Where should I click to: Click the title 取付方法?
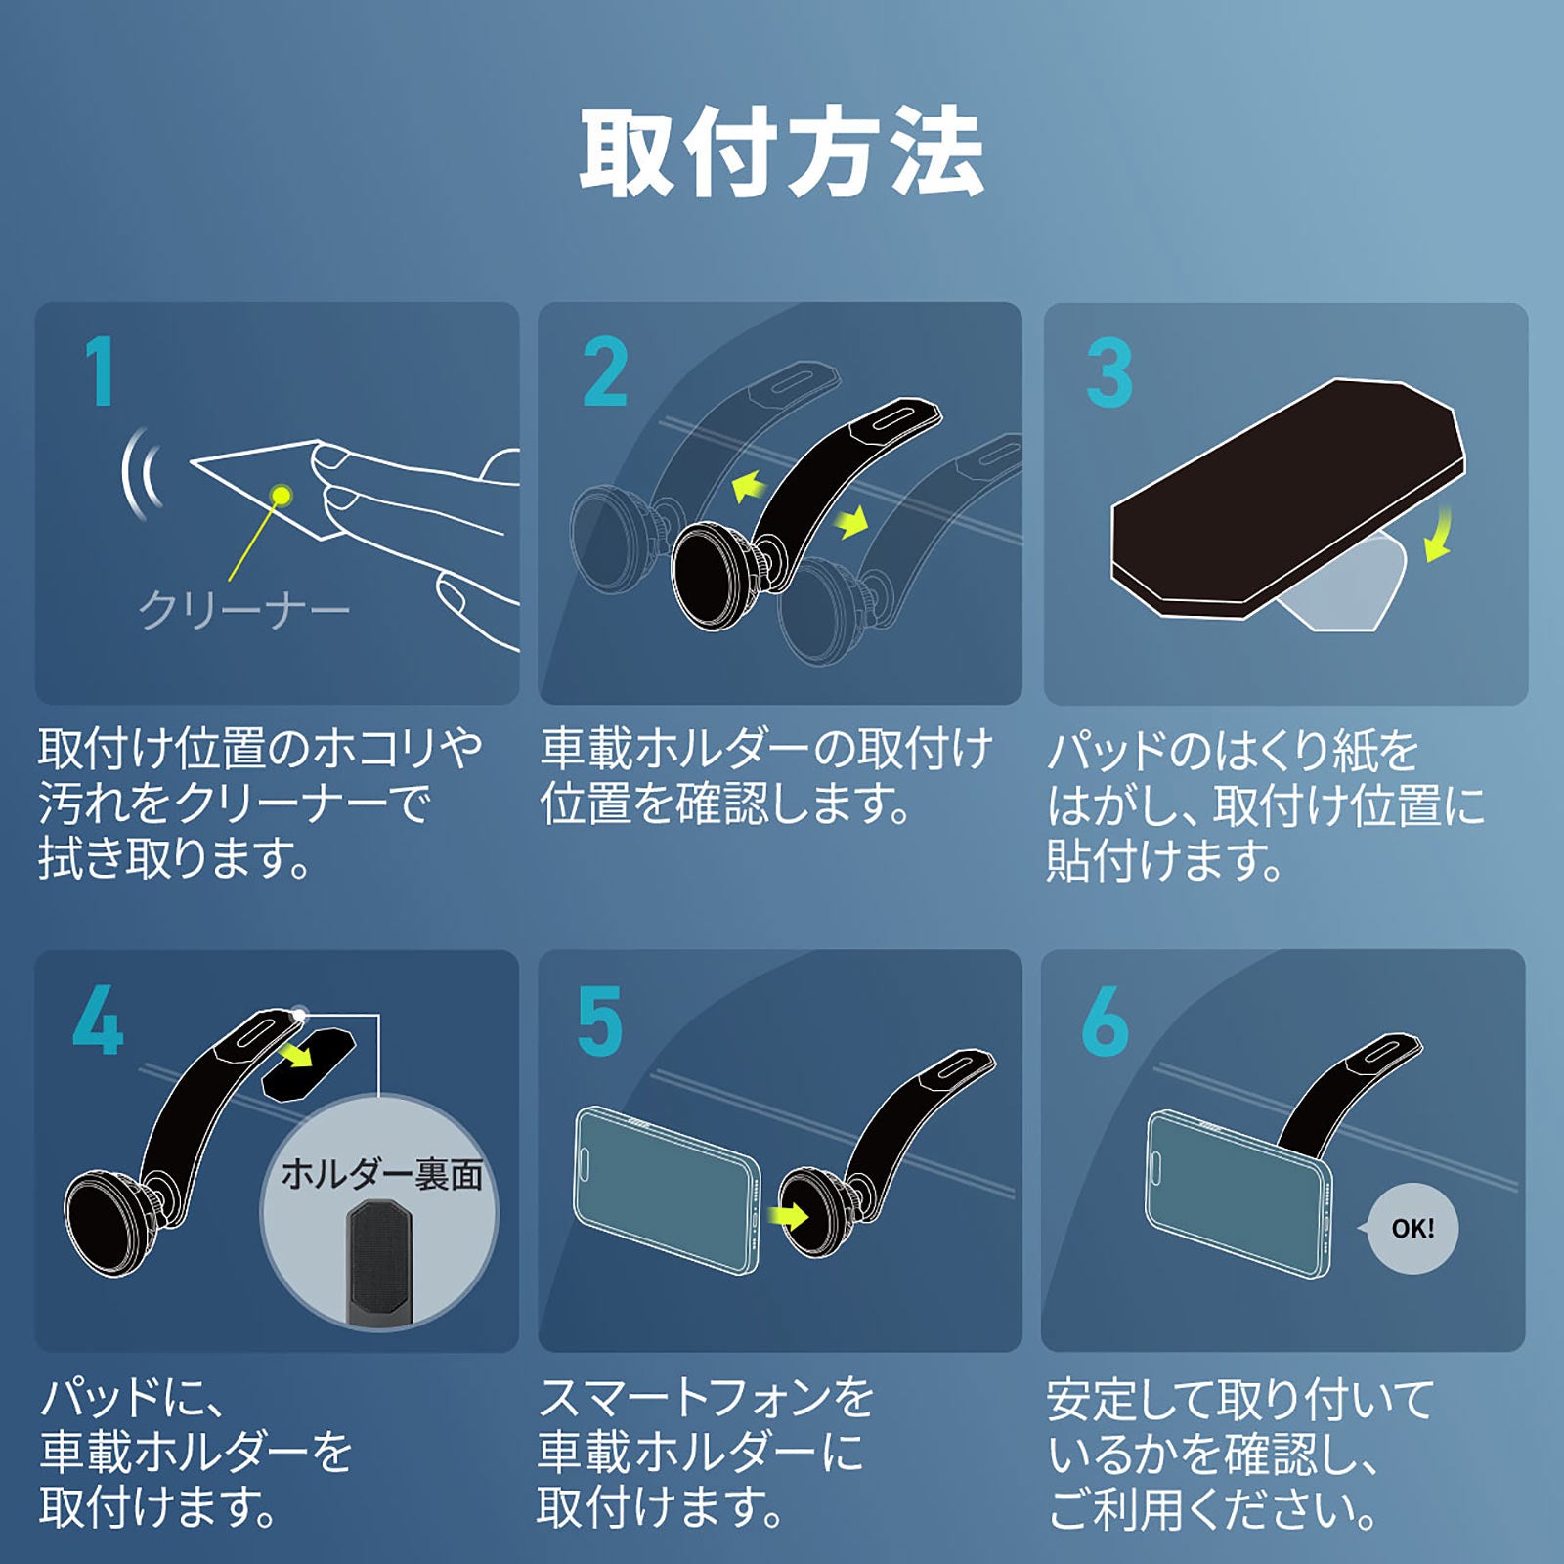[x=782, y=154]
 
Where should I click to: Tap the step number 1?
[x=100, y=371]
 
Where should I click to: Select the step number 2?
[x=604, y=371]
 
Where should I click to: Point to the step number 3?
[x=1109, y=373]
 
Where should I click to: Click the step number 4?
[x=98, y=1021]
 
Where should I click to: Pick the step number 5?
[x=599, y=1021]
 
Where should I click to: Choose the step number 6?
[x=1105, y=1021]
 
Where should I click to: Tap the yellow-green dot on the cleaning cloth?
[x=282, y=495]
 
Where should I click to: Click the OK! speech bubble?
[x=1412, y=1229]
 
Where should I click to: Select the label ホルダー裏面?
[x=381, y=1175]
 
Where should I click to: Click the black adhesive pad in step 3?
[x=1281, y=499]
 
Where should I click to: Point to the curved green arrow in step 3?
[x=1438, y=538]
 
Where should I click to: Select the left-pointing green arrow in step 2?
[x=748, y=485]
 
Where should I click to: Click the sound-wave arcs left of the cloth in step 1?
[x=141, y=473]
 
